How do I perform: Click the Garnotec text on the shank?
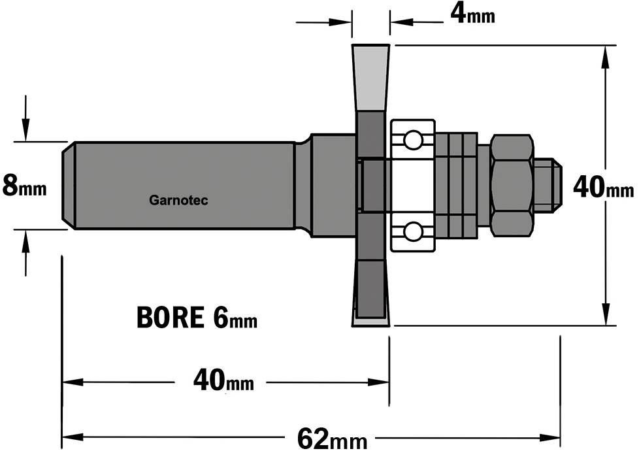178,200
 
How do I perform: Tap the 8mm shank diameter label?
24,185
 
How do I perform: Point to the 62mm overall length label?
332,439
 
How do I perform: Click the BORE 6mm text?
197,318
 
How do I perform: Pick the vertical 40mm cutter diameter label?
604,188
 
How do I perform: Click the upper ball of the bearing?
412,140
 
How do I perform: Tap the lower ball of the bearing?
412,231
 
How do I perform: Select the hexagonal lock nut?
512,185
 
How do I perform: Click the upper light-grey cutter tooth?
370,77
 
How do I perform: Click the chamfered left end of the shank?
69,185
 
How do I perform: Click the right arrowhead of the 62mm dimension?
549,438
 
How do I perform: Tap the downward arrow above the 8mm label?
25,118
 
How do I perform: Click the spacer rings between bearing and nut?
456,185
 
